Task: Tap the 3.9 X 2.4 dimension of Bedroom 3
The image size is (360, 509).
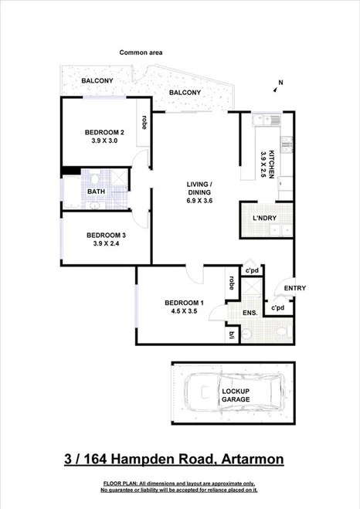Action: (106, 245)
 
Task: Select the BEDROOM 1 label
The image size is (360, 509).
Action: (184, 302)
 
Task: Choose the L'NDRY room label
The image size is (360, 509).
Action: (264, 219)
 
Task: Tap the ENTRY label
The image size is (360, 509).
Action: (294, 288)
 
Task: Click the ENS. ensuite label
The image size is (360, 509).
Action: (250, 313)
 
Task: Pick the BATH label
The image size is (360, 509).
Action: (96, 192)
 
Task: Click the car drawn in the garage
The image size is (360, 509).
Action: (233, 395)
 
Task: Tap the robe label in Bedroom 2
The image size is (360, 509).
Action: (144, 121)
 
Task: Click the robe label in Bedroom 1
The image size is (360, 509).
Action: (232, 284)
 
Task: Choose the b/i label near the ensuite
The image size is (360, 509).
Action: (232, 334)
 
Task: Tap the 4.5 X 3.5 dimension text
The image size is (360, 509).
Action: (184, 313)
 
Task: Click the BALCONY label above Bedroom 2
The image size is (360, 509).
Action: (97, 80)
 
